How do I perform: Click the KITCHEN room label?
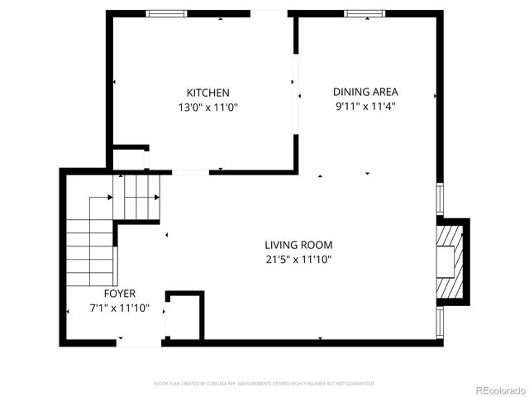[207, 93]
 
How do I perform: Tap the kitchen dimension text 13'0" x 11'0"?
[207, 108]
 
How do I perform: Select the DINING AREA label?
[365, 92]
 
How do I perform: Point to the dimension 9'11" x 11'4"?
[365, 107]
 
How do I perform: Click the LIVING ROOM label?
[298, 245]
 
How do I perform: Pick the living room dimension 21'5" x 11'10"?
[298, 260]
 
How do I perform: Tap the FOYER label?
[120, 294]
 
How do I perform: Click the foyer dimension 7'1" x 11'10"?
[120, 309]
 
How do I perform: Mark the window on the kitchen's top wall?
[166, 13]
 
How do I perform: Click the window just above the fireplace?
[440, 199]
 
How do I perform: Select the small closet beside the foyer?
[184, 316]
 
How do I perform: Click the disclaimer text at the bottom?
[264, 384]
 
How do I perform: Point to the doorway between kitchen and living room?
[190, 172]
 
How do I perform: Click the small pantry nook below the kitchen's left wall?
[130, 159]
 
